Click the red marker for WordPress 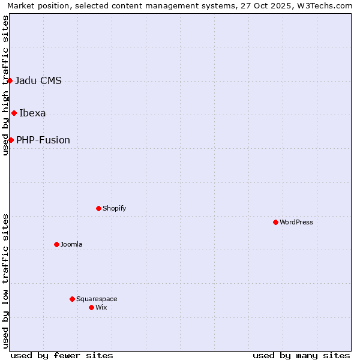pos(275,222)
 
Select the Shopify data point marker pos(98,208)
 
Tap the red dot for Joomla pos(56,244)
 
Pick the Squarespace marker pos(72,299)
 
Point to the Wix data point pos(91,307)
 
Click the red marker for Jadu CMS pos(10,80)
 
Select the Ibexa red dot pos(14,113)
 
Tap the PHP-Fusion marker pos(11,140)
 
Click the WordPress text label pos(296,222)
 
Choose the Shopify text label pos(114,208)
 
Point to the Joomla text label pos(71,244)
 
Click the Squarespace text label pos(97,299)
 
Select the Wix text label pos(101,307)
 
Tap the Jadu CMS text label pos(38,81)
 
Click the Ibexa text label pos(32,113)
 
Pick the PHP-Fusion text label pos(43,140)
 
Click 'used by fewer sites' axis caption pos(62,355)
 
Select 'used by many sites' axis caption pos(301,355)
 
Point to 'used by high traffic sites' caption pos(6,85)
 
